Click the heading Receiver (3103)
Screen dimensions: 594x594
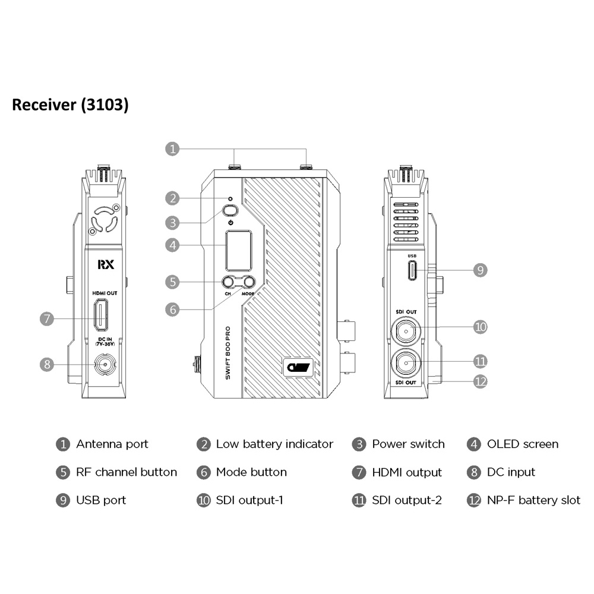click(x=71, y=105)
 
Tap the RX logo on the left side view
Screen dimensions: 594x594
click(x=106, y=264)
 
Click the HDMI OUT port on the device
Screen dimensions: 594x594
click(x=101, y=314)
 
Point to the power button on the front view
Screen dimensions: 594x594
click(x=230, y=211)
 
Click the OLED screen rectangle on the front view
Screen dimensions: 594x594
click(x=239, y=251)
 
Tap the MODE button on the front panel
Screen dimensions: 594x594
click(x=249, y=282)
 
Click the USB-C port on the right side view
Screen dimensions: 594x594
click(x=412, y=270)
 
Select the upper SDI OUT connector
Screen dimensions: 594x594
click(x=406, y=331)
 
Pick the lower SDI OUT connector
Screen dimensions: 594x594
click(x=406, y=364)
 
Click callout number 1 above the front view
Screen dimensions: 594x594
click(x=172, y=149)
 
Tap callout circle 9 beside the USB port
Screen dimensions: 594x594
click(x=481, y=270)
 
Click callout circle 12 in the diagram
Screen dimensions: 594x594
click(x=481, y=381)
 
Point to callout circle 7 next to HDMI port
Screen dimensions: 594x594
click(x=47, y=318)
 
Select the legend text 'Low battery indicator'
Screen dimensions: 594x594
click(x=274, y=444)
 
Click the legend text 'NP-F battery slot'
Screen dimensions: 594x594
click(x=533, y=500)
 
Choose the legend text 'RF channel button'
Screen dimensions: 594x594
click(x=127, y=472)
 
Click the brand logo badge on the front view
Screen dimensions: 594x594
click(x=298, y=367)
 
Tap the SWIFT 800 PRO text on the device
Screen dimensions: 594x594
click(x=228, y=353)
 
